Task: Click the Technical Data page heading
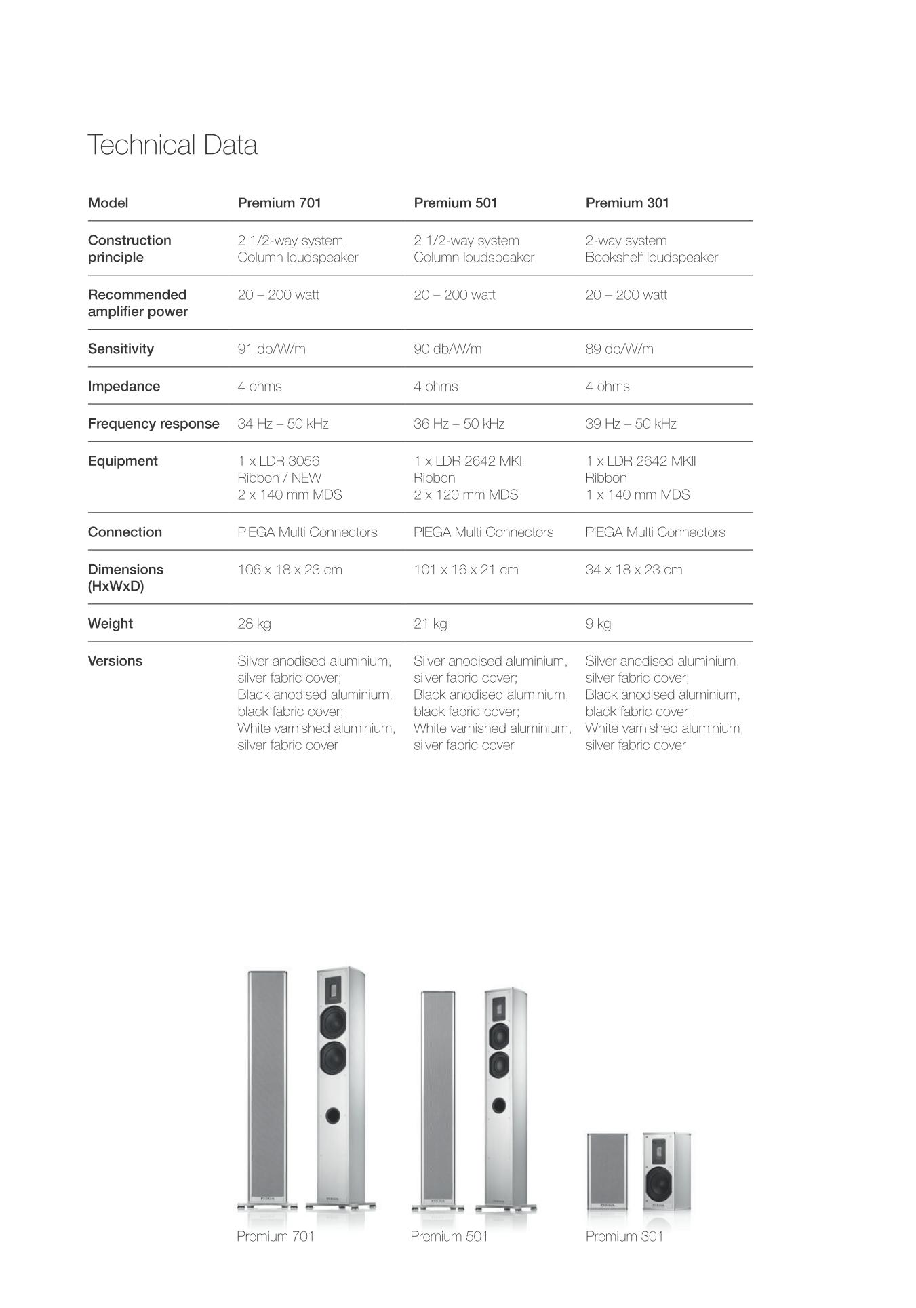point(172,145)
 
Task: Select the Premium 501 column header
point(455,203)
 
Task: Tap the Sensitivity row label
point(121,349)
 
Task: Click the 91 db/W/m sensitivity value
point(271,349)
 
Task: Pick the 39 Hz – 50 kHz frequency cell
point(631,424)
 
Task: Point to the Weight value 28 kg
point(254,624)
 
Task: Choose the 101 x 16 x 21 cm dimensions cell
point(466,570)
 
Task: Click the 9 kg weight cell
point(598,624)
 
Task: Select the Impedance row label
point(124,387)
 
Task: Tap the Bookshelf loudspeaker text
point(652,258)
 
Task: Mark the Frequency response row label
point(154,424)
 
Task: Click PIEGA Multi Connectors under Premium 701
point(307,532)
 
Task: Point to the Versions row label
point(115,661)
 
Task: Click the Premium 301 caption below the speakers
point(624,1236)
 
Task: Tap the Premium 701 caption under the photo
point(275,1236)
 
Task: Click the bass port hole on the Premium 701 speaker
point(333,1115)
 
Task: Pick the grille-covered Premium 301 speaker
point(607,1171)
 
